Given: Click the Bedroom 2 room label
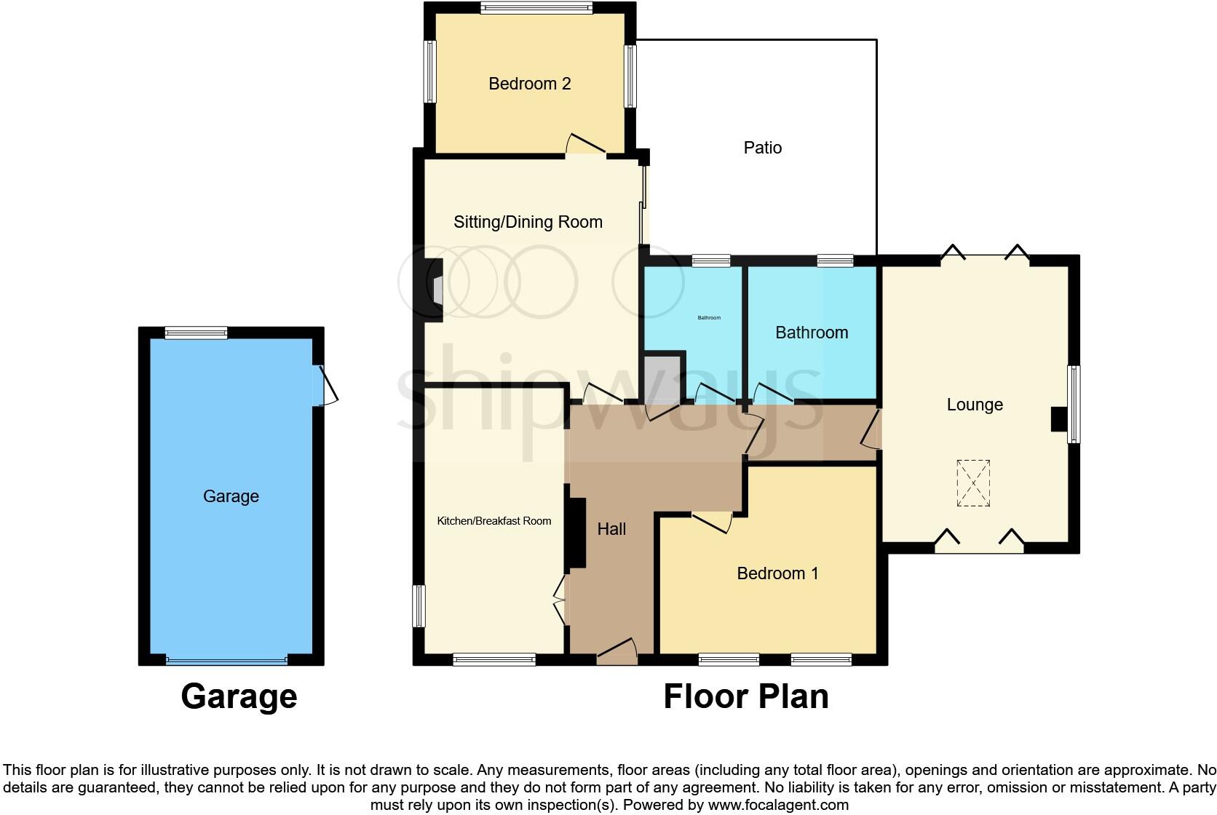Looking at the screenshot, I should (x=529, y=84).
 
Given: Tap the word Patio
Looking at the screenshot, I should (x=762, y=148).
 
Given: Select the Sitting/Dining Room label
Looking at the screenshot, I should (x=528, y=222).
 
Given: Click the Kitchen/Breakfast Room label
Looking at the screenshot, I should (x=493, y=521).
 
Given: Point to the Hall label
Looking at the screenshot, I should (x=611, y=529).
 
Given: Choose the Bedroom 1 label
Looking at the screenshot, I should (x=777, y=573).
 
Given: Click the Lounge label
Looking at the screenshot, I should (x=975, y=405).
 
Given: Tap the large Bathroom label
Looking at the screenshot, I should (x=812, y=333).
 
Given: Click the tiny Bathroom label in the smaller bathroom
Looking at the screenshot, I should (x=709, y=318).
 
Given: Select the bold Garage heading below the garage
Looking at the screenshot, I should (x=239, y=696).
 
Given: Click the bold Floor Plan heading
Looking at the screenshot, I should (x=745, y=696).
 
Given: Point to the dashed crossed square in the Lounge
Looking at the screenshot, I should (x=973, y=482).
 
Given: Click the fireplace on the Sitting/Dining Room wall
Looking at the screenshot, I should (x=435, y=290).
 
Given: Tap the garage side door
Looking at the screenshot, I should (x=325, y=385).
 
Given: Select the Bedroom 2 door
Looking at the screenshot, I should (x=586, y=145).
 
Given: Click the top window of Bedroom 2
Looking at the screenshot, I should (x=536, y=8).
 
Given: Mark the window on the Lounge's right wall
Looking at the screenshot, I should (x=1074, y=404).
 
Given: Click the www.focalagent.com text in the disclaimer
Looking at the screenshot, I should (x=778, y=805).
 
